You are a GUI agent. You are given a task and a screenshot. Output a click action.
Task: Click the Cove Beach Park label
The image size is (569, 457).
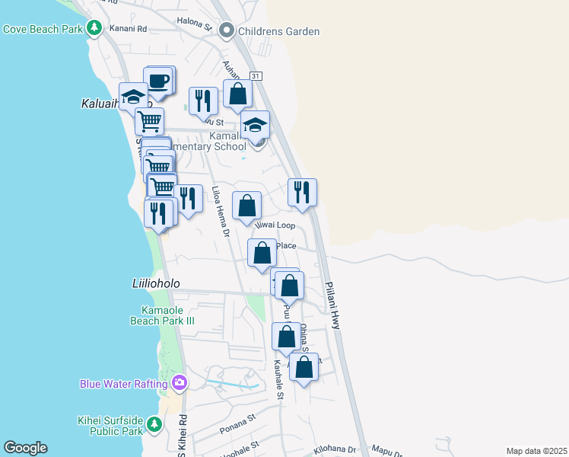pyautogui.click(x=42, y=30)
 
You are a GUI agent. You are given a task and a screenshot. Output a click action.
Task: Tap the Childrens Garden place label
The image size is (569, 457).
pyautogui.click(x=278, y=31)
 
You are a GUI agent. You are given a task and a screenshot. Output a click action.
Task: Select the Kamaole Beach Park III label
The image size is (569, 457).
pyautogui.click(x=168, y=315)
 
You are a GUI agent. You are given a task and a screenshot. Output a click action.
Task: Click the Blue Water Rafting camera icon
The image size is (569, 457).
pyautogui.click(x=180, y=382)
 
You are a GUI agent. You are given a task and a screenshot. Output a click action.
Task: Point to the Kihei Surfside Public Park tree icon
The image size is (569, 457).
pyautogui.click(x=155, y=423)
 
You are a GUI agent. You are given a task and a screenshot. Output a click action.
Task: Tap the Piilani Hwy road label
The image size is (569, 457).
pyautogui.click(x=333, y=303)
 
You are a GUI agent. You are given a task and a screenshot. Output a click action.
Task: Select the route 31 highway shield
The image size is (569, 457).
pyautogui.click(x=256, y=76)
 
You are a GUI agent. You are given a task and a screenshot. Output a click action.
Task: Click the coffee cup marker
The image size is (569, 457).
pyautogui.click(x=158, y=81)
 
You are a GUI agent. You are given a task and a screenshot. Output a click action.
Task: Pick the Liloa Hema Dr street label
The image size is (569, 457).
pyautogui.click(x=220, y=211)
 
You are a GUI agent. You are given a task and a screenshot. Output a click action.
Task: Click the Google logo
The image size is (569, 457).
pyautogui.click(x=25, y=448)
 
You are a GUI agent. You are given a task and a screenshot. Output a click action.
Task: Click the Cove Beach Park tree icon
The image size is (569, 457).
pyautogui.click(x=94, y=29)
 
